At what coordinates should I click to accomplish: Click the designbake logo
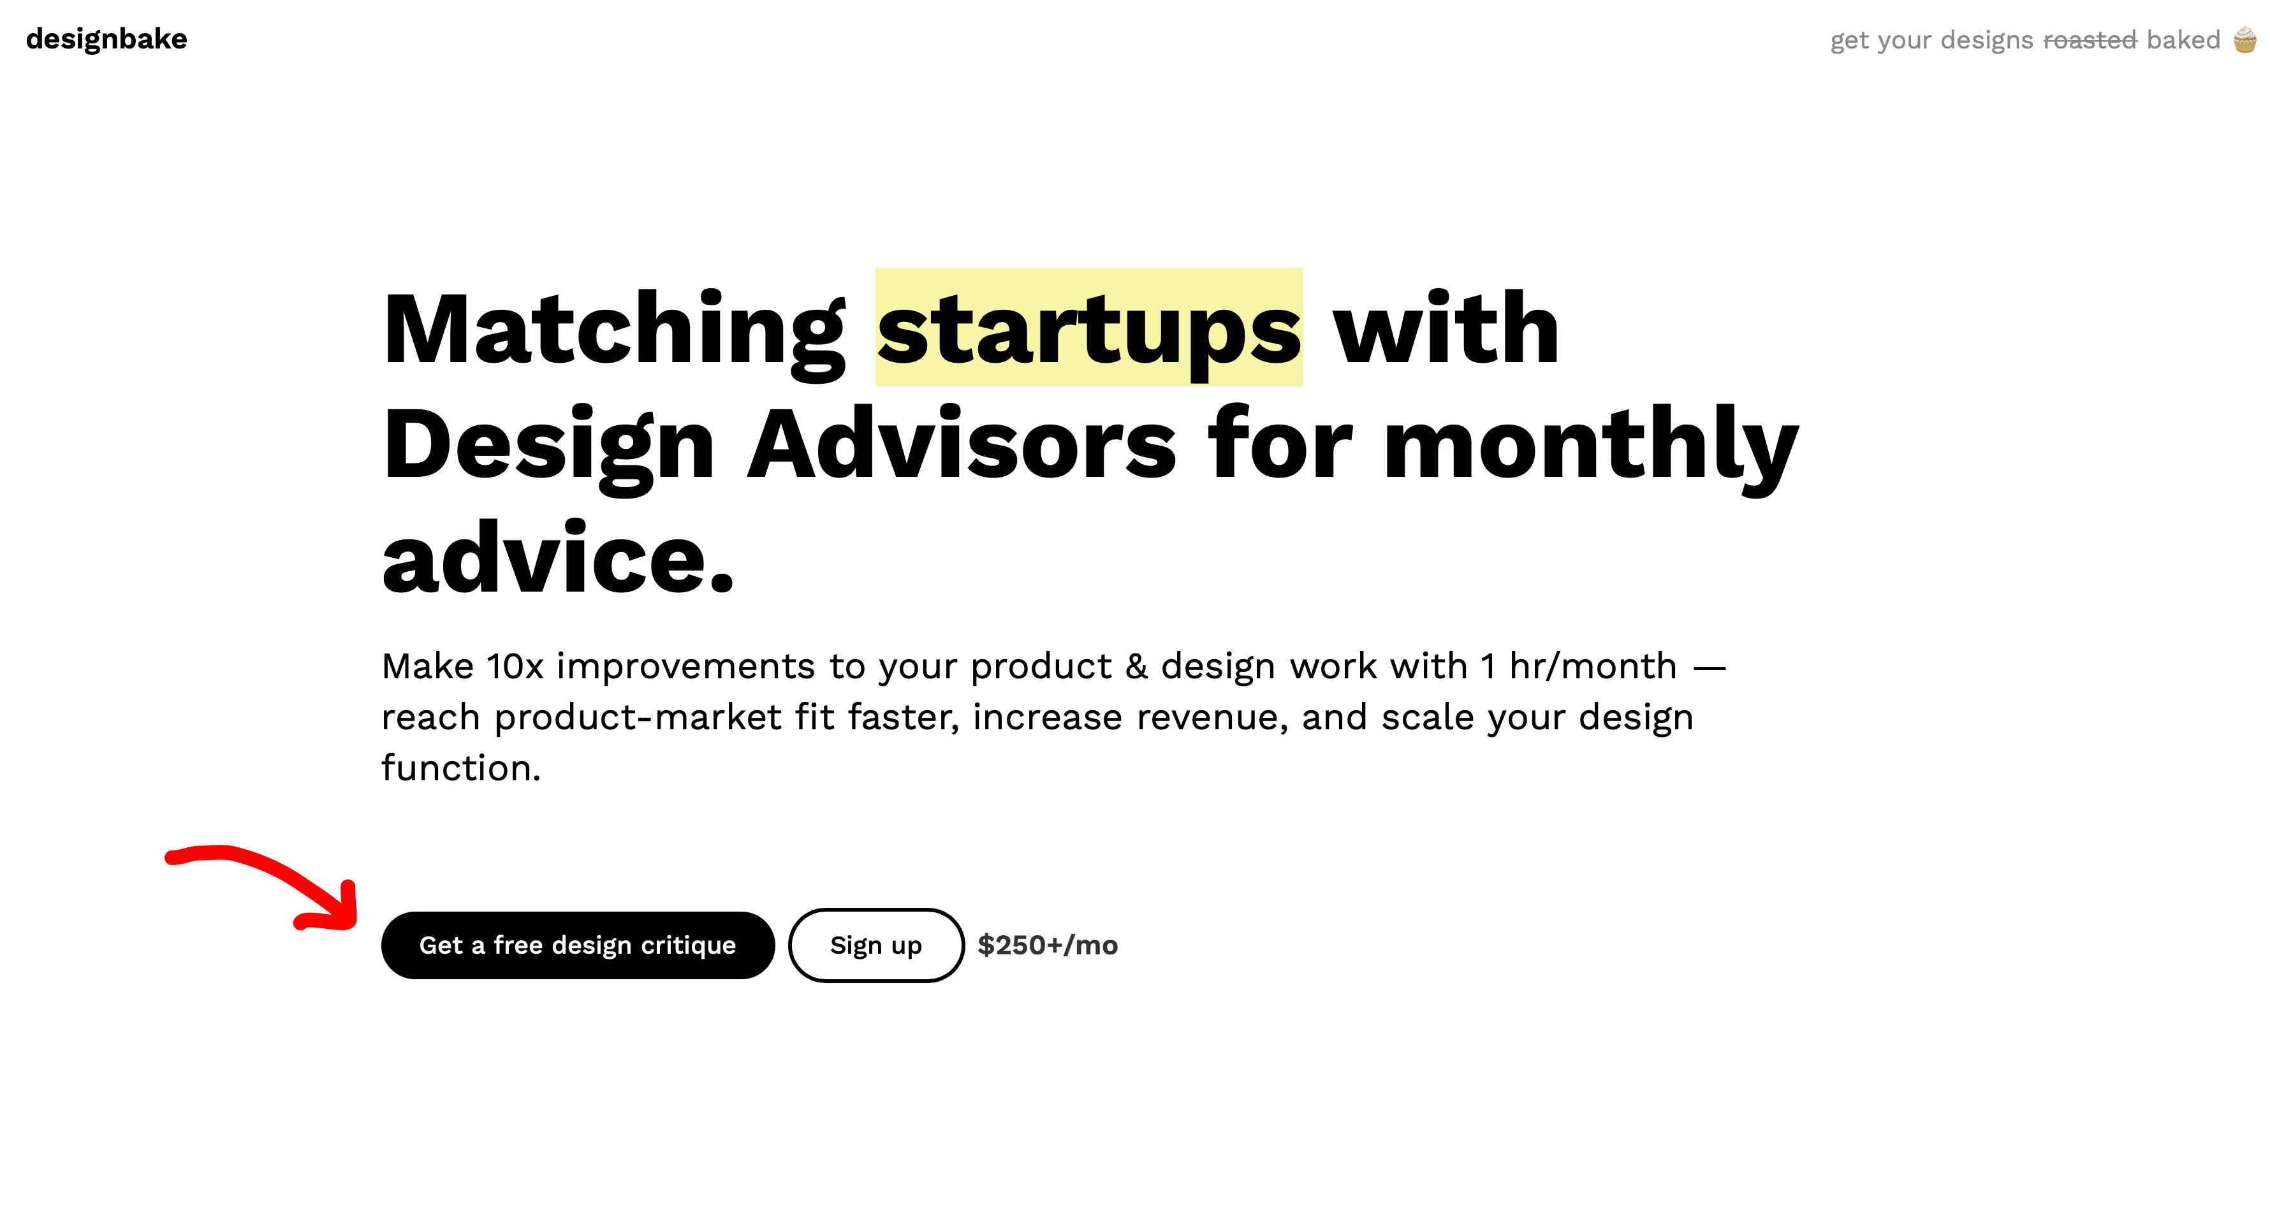tap(106, 40)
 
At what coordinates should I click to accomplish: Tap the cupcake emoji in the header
tap(2244, 40)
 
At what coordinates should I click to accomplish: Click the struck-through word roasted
tap(2090, 40)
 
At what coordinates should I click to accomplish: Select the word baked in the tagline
tap(2183, 40)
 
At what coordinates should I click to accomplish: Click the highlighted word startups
tap(1089, 328)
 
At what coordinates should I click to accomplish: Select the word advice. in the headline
tap(558, 557)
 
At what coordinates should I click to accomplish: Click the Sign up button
tap(876, 945)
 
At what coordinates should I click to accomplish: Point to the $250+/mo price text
tap(1048, 945)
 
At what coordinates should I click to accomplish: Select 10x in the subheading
tap(515, 667)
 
